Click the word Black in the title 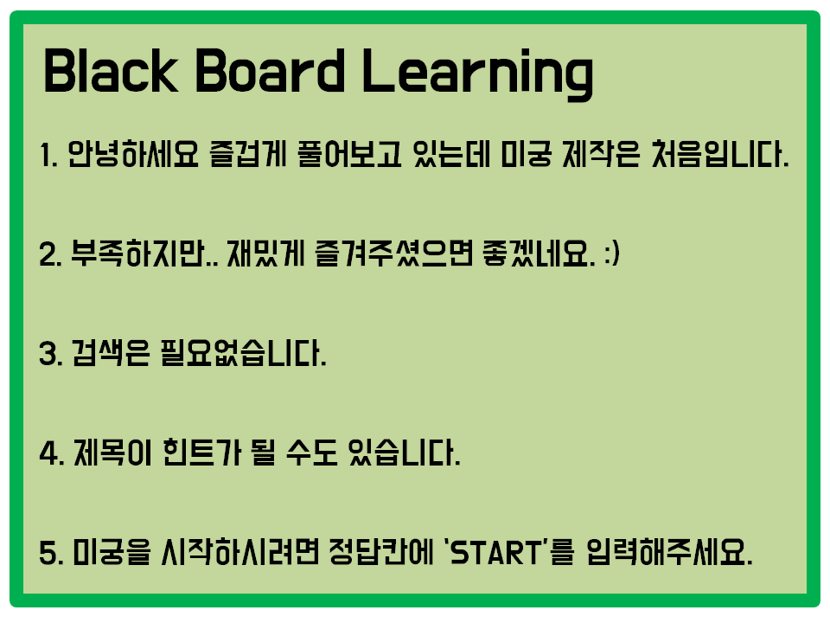click(111, 70)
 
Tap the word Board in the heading click(271, 70)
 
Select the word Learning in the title click(478, 74)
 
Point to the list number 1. click(48, 155)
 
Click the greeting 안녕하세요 click(133, 154)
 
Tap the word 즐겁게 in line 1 click(248, 154)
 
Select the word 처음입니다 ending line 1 click(720, 154)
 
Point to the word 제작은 click(601, 154)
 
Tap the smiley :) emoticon click(612, 254)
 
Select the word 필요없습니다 click(243, 353)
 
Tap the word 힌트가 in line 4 click(201, 453)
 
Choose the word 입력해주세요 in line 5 click(669, 553)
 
